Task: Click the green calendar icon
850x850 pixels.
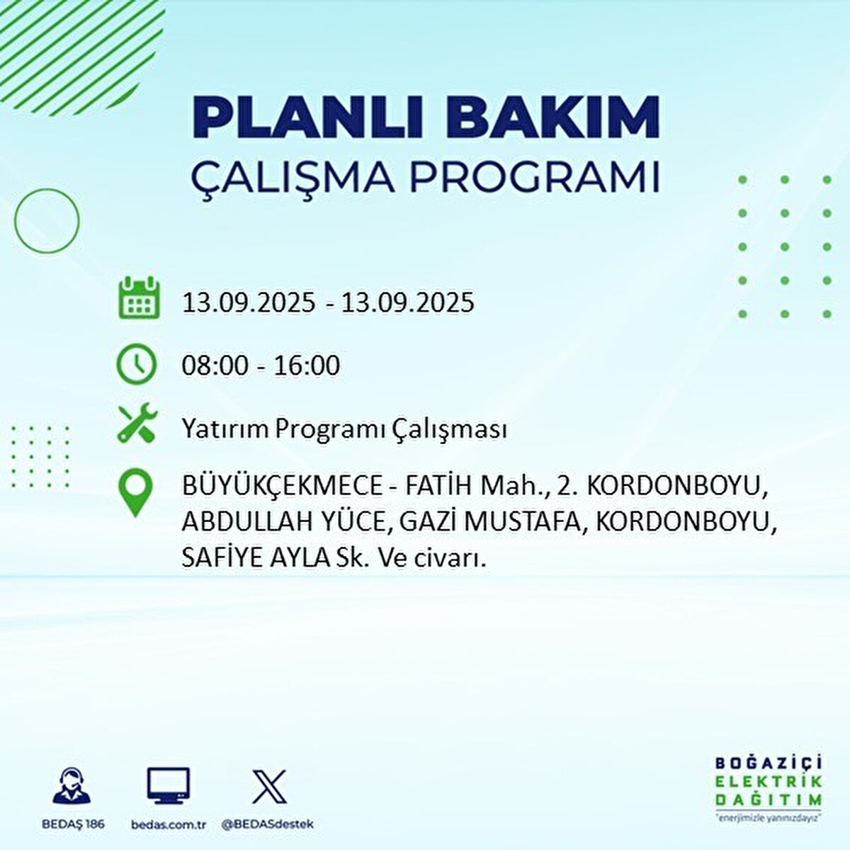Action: point(138,299)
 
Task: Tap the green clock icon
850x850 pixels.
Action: point(136,364)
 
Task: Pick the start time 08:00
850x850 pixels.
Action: point(215,365)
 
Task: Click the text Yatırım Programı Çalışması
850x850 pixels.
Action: point(344,429)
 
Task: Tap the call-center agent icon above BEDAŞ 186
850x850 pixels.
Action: point(73,787)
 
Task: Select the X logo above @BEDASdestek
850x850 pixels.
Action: point(269,786)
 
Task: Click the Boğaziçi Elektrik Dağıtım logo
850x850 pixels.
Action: point(768,788)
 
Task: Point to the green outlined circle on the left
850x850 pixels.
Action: point(47,221)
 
